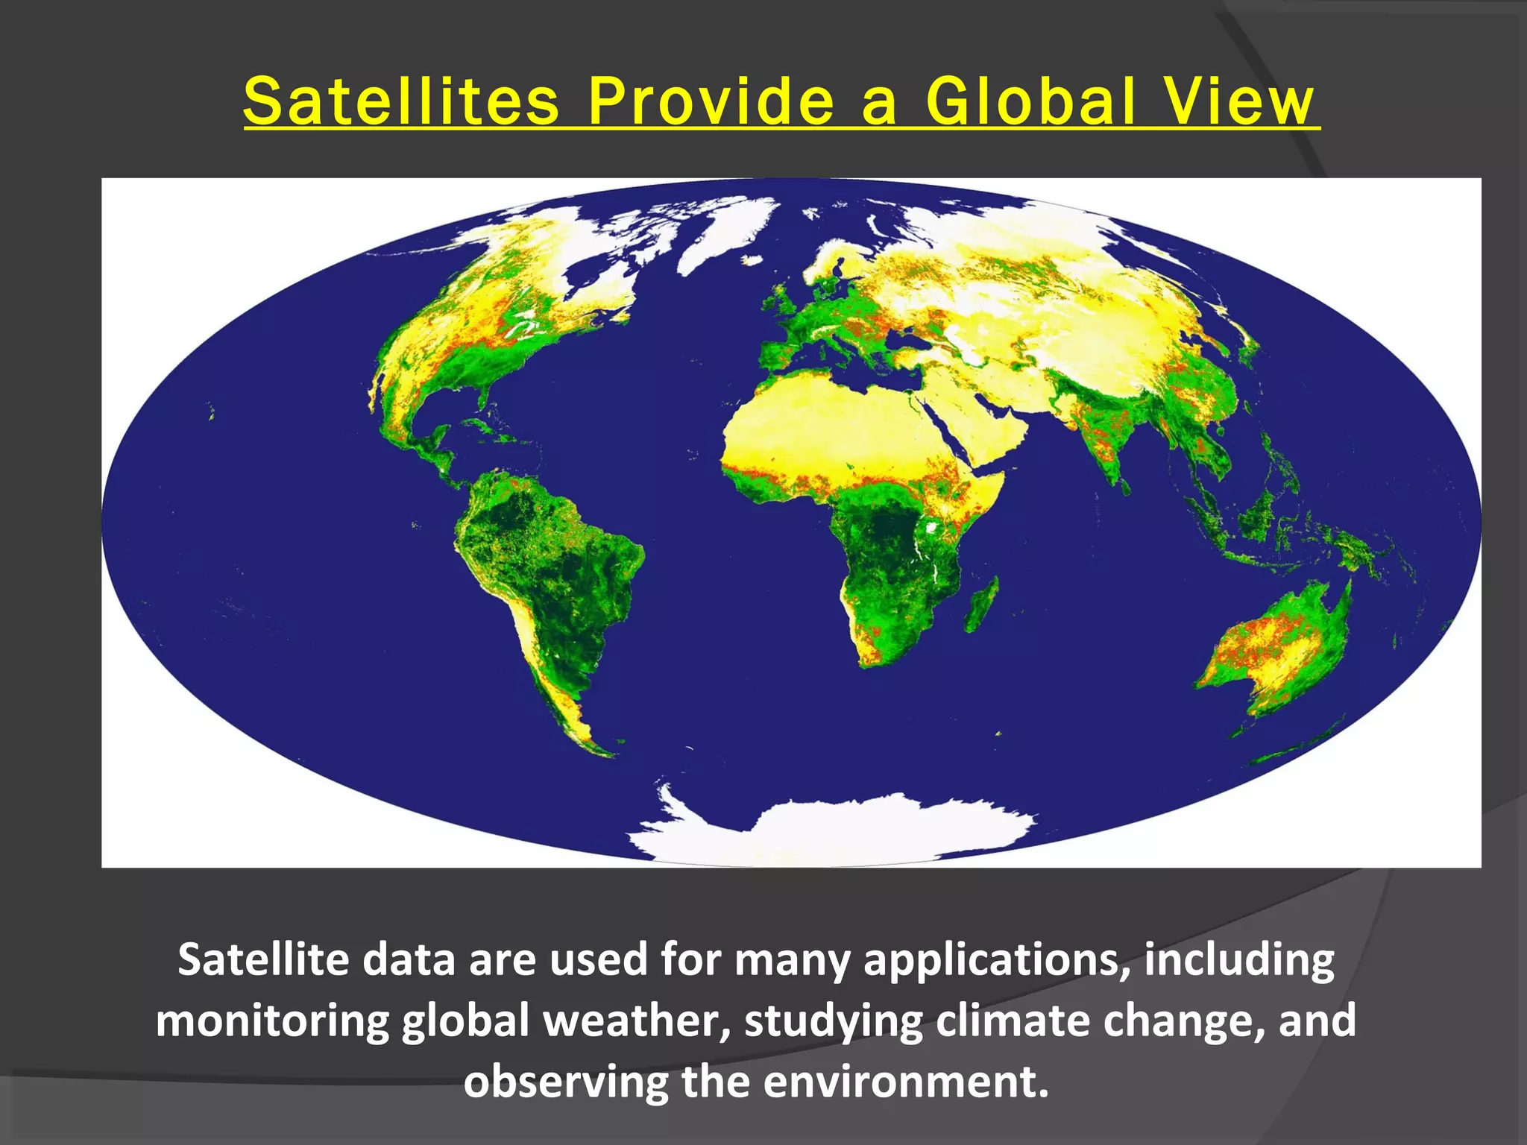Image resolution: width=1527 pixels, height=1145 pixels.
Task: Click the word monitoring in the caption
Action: point(272,1021)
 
